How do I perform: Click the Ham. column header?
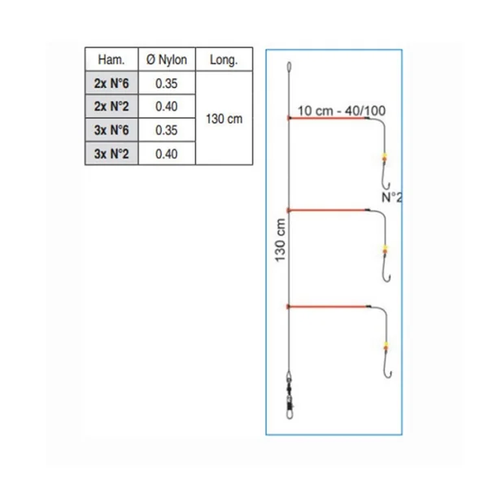click(x=111, y=59)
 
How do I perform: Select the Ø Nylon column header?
click(x=167, y=59)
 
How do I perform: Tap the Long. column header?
click(x=224, y=59)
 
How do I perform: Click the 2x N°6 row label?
click(x=111, y=84)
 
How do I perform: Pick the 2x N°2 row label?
click(x=111, y=107)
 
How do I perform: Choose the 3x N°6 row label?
click(x=111, y=130)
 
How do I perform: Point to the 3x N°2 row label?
click(x=111, y=154)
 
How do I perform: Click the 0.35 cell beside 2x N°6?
click(x=167, y=84)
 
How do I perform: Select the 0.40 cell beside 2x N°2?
click(x=167, y=107)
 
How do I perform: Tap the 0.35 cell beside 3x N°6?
click(x=167, y=130)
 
